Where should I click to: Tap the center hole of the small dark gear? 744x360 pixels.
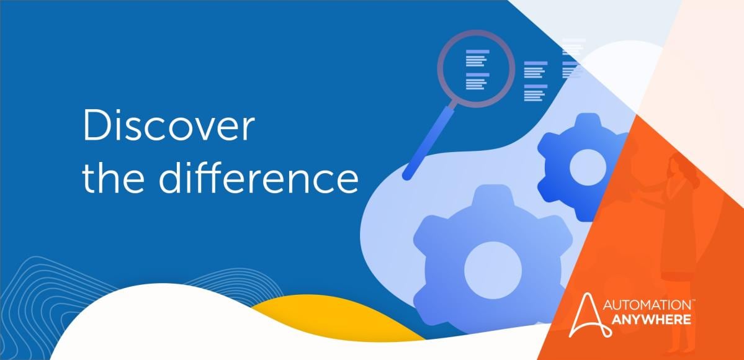pyautogui.click(x=586, y=166)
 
